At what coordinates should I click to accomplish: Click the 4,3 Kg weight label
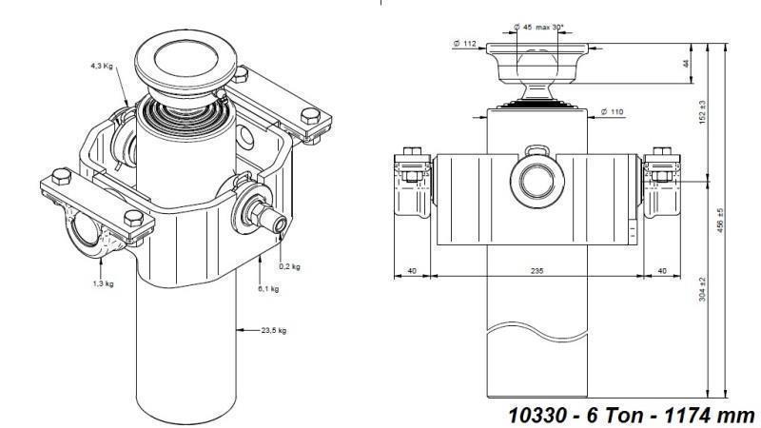pos(104,67)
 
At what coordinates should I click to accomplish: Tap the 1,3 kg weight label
pos(105,282)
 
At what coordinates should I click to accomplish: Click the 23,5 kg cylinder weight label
pos(273,330)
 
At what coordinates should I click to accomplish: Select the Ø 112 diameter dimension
pos(465,43)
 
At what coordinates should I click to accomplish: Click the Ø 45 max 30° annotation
pos(538,28)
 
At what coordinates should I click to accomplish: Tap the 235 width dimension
pos(537,271)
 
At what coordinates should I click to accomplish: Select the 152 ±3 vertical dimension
pos(703,112)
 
